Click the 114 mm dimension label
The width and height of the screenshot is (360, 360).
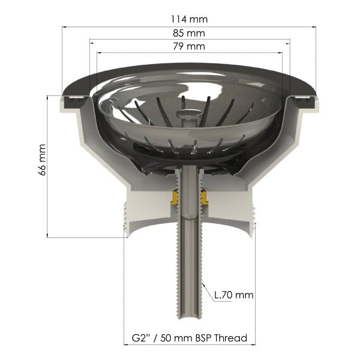[x=189, y=19]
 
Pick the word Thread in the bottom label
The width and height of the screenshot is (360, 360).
[x=232, y=338]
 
